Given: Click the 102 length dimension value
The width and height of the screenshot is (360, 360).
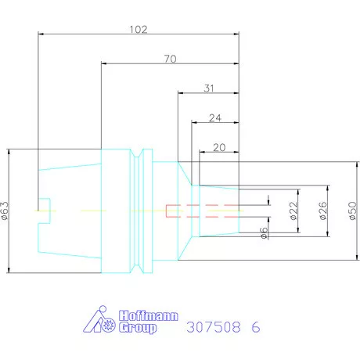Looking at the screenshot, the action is pos(139,29).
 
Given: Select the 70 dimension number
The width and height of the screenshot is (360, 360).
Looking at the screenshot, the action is pos(171,59).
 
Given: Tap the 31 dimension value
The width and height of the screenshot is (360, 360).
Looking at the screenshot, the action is pos(209,88).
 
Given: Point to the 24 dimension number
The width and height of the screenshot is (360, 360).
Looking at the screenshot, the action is pos(215,118).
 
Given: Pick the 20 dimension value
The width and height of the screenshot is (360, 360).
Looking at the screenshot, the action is pos(219,148).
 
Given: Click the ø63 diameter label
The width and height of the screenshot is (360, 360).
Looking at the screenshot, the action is pos(5,211).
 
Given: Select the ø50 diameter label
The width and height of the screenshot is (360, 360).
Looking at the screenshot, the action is pos(352,211).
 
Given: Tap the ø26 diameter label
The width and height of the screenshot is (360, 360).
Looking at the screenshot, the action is pos(323,211).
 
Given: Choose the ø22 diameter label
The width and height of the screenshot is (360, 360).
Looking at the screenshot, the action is pos(293,211).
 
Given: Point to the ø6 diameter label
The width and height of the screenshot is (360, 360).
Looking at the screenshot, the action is pos(264,232).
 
